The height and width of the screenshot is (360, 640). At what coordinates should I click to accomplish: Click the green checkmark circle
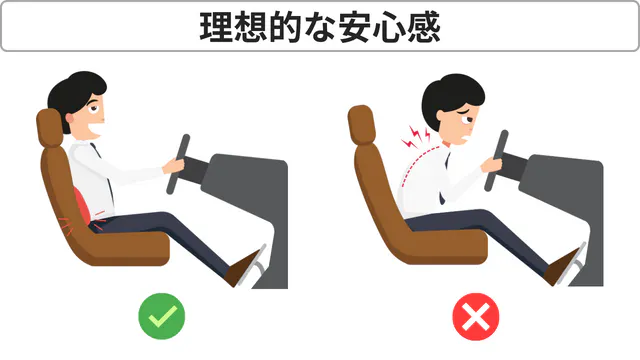162,316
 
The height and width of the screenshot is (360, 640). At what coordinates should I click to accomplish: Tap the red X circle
476,317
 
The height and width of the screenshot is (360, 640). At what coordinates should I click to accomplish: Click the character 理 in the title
216,27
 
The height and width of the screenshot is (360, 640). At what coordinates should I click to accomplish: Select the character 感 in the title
424,27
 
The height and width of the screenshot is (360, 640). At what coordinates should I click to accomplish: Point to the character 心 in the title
389,27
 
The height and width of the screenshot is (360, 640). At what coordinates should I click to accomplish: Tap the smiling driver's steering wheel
178,164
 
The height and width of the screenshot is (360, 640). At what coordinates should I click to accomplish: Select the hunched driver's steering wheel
496,161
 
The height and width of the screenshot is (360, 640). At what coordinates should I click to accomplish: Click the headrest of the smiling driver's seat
50,128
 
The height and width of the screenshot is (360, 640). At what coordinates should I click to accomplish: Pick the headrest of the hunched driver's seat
362,125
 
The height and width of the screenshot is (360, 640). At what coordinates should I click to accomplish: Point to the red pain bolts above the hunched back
416,137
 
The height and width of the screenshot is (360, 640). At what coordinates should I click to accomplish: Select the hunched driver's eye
465,120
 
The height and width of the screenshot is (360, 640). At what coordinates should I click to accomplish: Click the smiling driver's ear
70,119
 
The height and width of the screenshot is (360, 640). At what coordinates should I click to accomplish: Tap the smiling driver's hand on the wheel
173,166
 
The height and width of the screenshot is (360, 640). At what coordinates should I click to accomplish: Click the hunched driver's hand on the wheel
491,165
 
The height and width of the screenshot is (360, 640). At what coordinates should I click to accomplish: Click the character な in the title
320,28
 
